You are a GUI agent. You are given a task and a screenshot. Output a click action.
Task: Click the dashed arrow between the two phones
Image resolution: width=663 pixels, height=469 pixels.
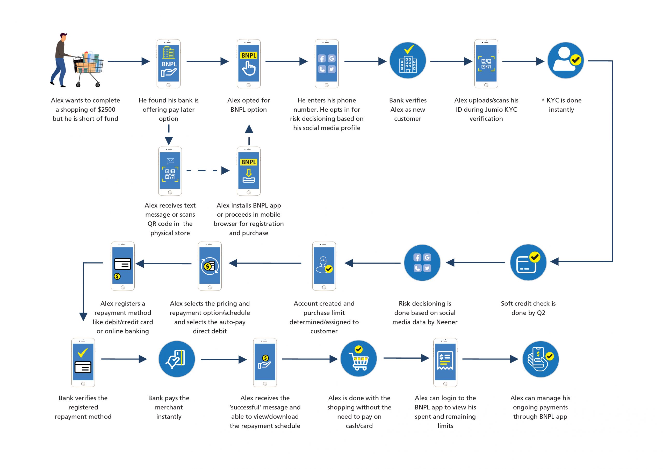point(208,170)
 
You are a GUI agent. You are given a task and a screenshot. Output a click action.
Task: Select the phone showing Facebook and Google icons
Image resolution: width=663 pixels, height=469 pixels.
point(327,64)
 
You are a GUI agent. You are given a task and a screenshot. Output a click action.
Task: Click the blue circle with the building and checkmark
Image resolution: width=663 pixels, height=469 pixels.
point(408,60)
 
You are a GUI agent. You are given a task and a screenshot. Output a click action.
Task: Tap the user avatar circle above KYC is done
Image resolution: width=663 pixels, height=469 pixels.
point(565,60)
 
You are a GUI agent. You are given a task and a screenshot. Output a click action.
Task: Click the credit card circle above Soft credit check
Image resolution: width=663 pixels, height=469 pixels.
point(528,262)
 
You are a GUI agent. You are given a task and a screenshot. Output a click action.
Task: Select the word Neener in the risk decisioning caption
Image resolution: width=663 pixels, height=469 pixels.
point(447,322)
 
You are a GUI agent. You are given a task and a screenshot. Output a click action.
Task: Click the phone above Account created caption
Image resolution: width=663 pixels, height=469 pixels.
point(324,266)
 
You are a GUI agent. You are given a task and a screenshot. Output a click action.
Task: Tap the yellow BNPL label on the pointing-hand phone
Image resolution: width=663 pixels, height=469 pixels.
point(249,55)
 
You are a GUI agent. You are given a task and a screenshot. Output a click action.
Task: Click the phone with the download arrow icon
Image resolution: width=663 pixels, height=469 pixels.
point(249,171)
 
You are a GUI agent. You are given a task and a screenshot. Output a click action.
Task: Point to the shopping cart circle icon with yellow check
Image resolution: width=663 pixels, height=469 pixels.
point(359,359)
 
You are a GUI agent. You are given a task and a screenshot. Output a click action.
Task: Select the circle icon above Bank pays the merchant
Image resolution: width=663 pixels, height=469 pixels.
point(177,359)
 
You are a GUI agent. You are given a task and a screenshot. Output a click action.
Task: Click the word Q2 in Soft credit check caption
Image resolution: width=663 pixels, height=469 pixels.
point(541,313)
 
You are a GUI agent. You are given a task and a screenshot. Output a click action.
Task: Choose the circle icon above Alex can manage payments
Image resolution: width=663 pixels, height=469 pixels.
point(541,359)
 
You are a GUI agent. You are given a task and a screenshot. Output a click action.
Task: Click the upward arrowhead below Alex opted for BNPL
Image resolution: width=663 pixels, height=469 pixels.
point(249,129)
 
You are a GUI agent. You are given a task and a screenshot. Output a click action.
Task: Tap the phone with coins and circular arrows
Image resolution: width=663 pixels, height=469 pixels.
point(210,266)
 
